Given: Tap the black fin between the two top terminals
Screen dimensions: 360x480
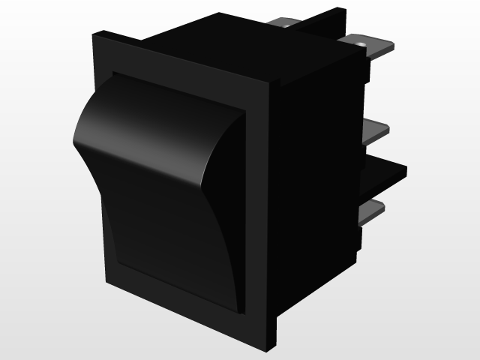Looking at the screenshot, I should tap(330, 22).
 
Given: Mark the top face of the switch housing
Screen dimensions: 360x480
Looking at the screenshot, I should tap(225, 41).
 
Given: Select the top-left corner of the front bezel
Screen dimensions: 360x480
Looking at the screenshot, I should tap(96, 34).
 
